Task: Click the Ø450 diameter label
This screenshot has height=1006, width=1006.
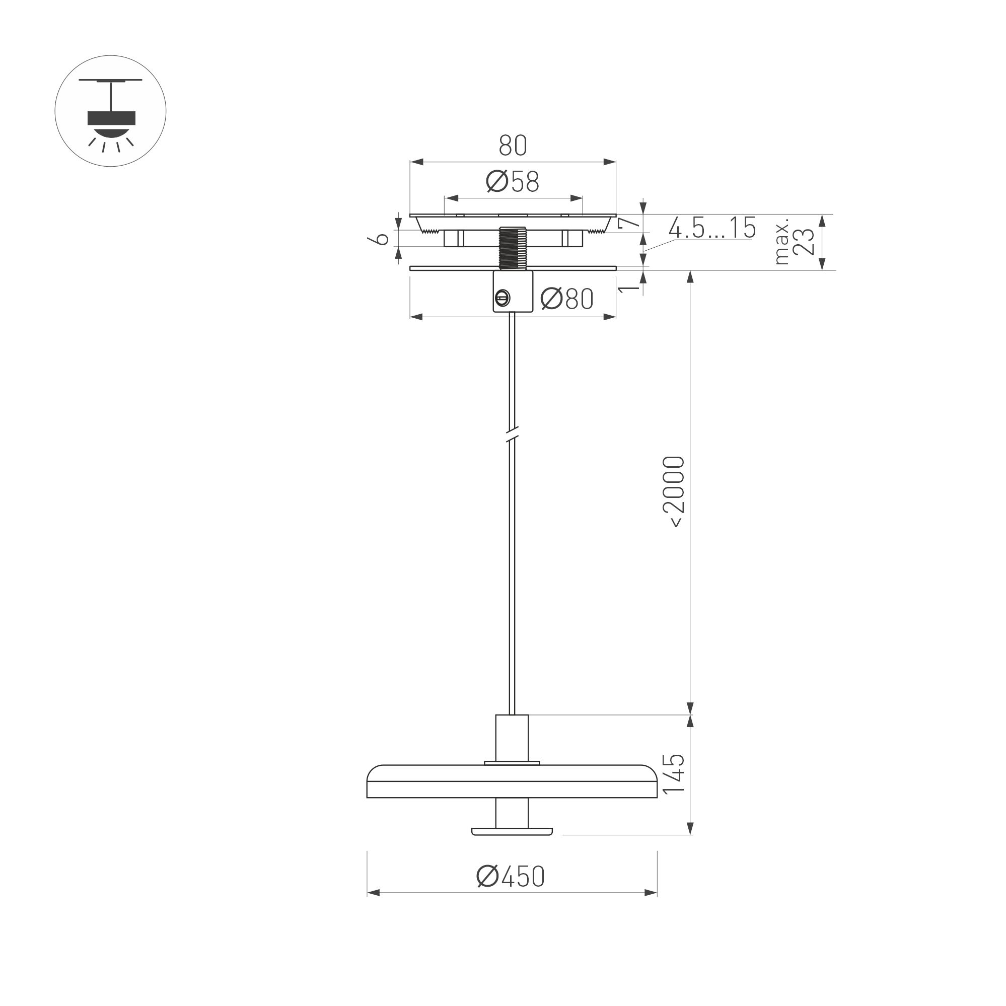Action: click(x=510, y=876)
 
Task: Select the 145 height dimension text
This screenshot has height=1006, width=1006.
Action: click(x=673, y=774)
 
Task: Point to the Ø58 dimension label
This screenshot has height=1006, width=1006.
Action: click(x=513, y=182)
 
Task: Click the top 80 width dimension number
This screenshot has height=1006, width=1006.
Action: click(x=513, y=146)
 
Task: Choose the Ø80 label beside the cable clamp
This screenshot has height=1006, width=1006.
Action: click(x=566, y=299)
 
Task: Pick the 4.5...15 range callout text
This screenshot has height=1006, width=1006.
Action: click(x=712, y=228)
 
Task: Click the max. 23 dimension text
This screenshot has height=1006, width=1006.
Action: click(x=796, y=241)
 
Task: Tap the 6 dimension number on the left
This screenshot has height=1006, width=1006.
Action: click(x=383, y=239)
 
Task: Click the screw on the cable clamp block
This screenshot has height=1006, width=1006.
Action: click(x=501, y=299)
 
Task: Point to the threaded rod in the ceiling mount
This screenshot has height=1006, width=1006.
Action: click(x=513, y=247)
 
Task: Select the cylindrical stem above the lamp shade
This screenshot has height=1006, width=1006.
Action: click(x=512, y=738)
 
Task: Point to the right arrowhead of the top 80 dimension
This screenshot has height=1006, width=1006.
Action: click(x=610, y=163)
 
